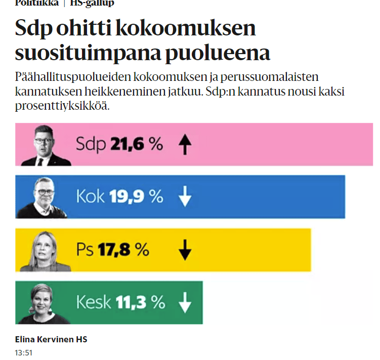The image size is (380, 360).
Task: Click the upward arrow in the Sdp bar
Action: pyautogui.click(x=186, y=145)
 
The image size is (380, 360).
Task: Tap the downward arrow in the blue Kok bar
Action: pyautogui.click(x=186, y=197)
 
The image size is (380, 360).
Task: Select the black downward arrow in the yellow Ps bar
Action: pyautogui.click(x=186, y=249)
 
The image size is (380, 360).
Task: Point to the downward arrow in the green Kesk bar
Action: pyautogui.click(x=186, y=302)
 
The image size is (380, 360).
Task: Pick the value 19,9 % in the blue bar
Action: pyautogui.click(x=136, y=197)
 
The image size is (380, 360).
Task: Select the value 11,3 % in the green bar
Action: pyautogui.click(x=140, y=302)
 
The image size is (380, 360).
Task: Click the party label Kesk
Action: pyautogui.click(x=94, y=302)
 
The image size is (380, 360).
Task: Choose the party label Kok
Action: pyautogui.click(x=90, y=197)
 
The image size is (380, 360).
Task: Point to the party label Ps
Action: pyautogui.click(x=85, y=249)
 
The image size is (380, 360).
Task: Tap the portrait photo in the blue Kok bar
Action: pyautogui.click(x=43, y=198)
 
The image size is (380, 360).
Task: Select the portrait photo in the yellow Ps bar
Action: pyautogui.click(x=45, y=251)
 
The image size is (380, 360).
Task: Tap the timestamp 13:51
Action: pyautogui.click(x=24, y=352)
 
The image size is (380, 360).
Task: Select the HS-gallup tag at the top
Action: pyautogui.click(x=92, y=3)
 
